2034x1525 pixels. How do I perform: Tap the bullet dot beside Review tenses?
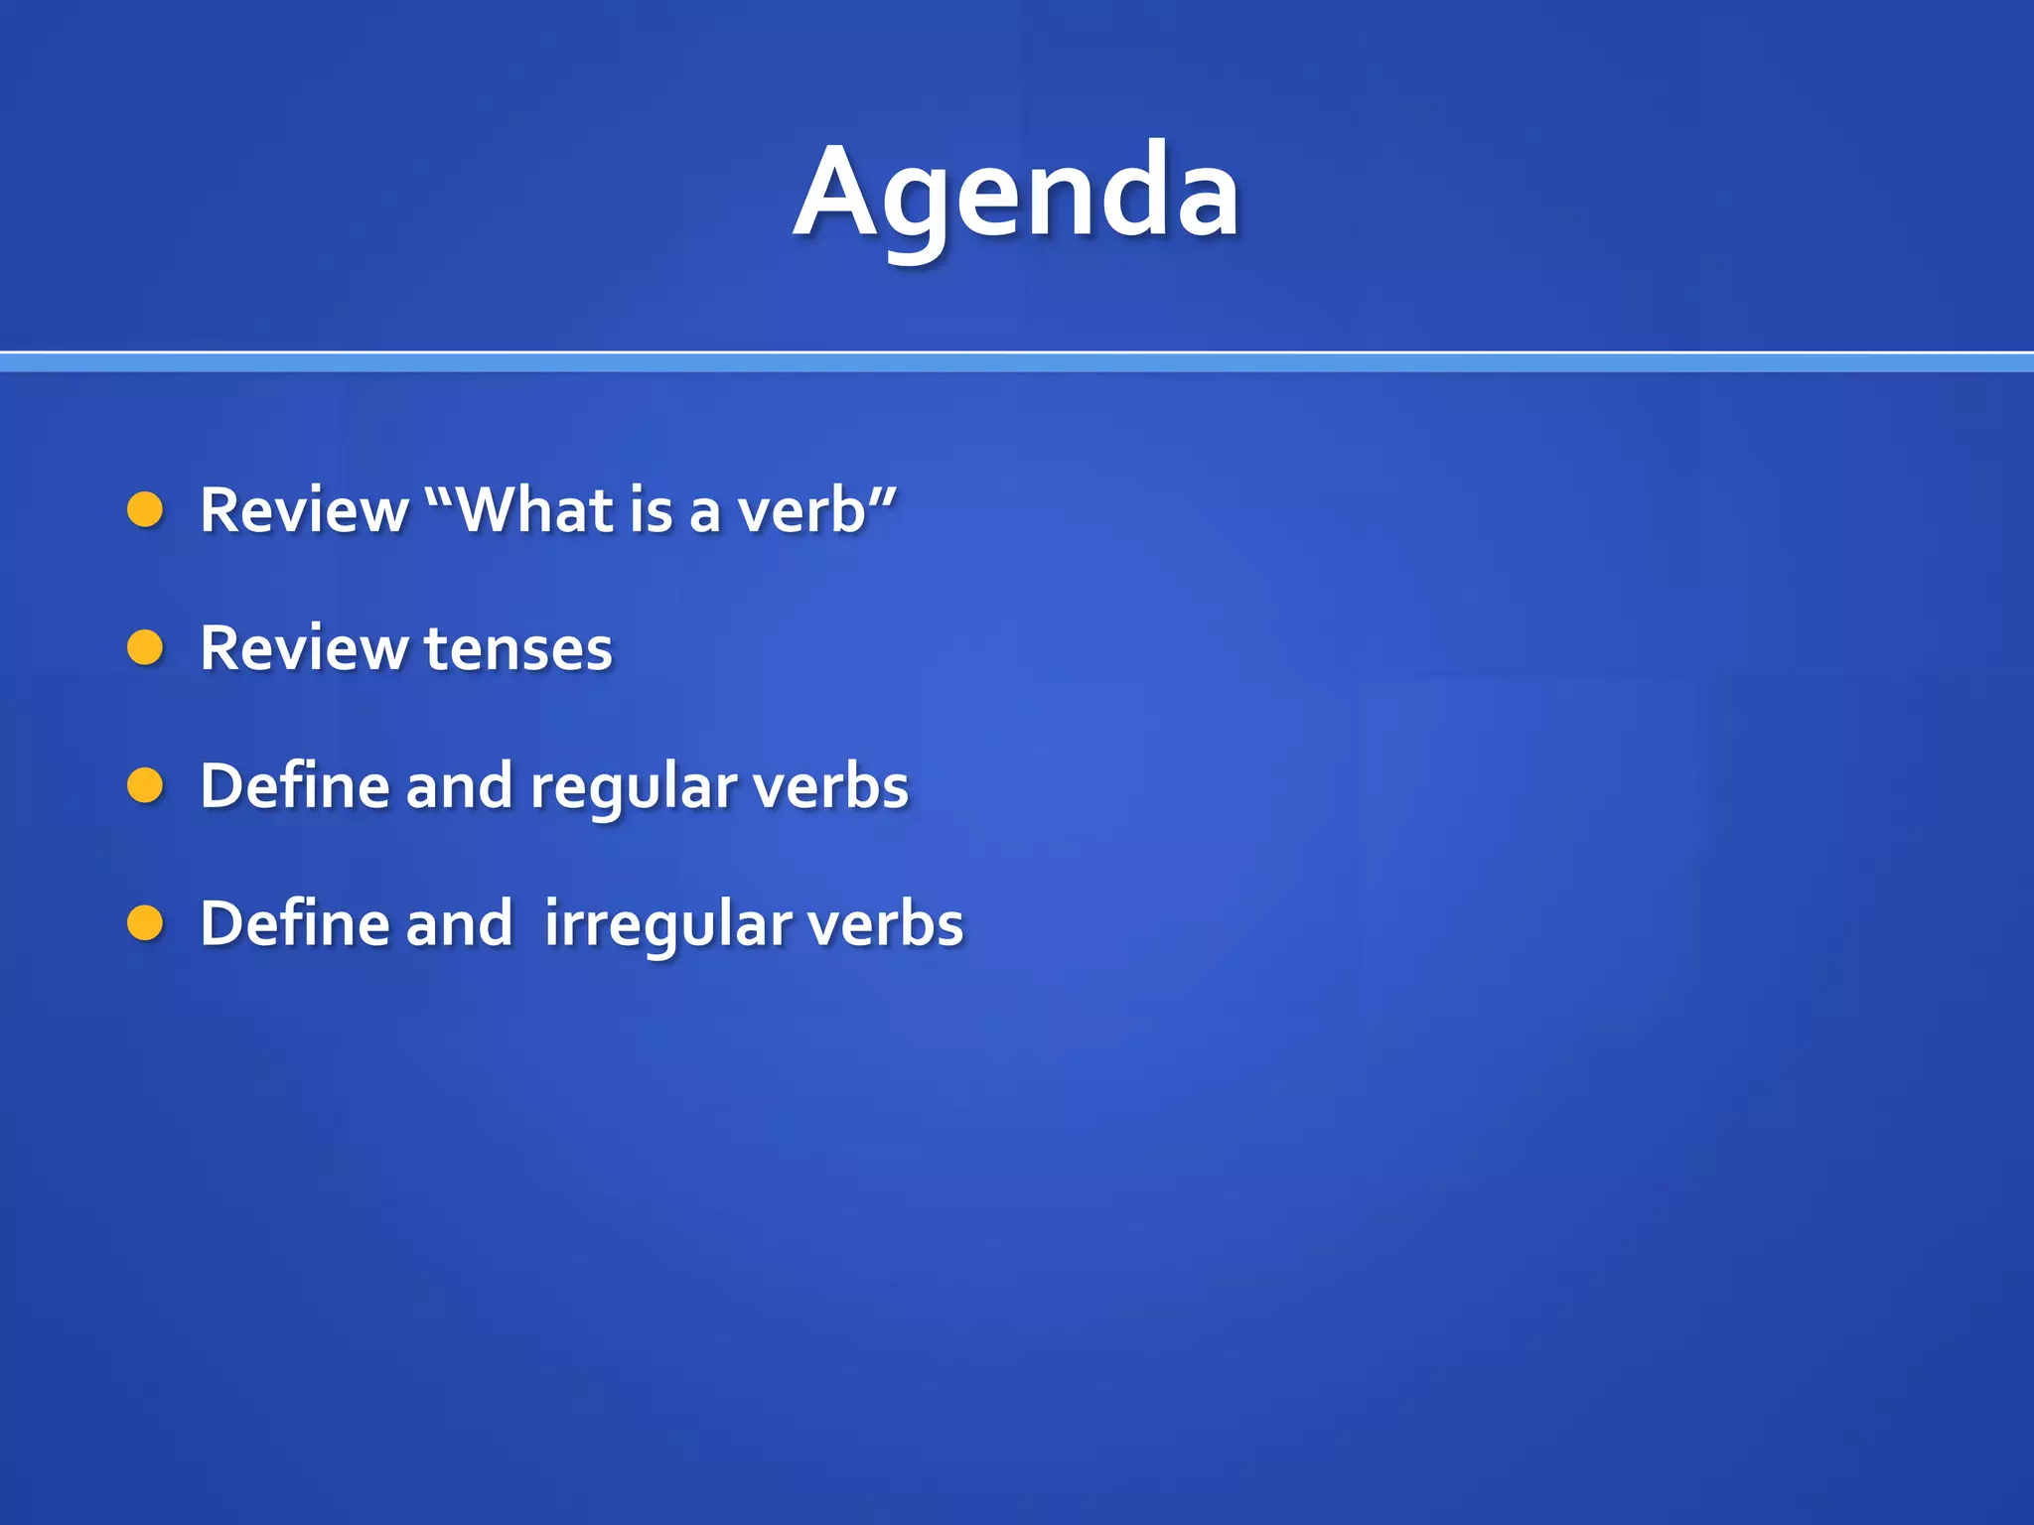tap(145, 647)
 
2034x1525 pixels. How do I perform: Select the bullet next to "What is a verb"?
tap(145, 509)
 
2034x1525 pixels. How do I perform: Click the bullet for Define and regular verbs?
tap(145, 785)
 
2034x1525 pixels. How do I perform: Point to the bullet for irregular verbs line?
tap(145, 922)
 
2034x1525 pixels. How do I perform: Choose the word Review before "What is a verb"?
tap(304, 510)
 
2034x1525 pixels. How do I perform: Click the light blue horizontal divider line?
tap(1017, 362)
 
